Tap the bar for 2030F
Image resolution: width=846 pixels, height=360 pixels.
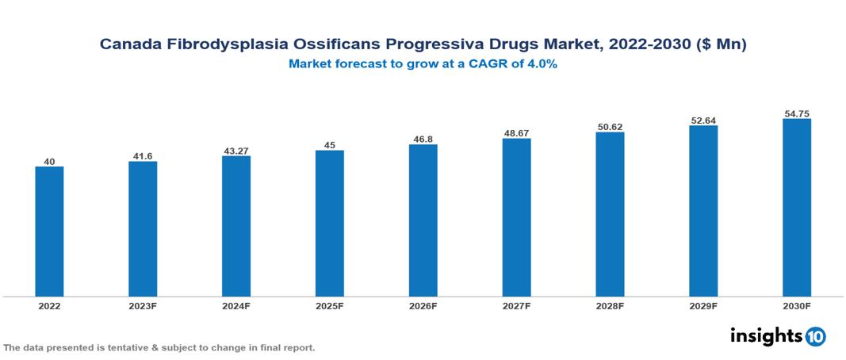click(797, 208)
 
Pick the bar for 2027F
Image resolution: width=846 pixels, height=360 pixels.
click(516, 217)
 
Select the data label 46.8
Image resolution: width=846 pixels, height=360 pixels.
click(423, 139)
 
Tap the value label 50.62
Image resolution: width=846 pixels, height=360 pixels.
click(610, 126)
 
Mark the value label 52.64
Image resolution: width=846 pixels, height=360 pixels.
click(703, 120)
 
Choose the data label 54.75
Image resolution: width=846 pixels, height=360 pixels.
click(797, 113)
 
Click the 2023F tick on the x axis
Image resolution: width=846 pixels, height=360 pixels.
click(143, 305)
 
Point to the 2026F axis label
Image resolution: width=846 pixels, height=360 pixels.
click(423, 305)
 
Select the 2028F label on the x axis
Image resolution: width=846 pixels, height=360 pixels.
click(610, 305)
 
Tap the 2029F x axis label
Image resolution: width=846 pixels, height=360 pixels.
click(703, 305)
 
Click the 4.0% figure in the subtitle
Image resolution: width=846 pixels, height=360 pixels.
click(541, 64)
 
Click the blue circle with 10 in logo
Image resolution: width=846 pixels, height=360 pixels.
click(815, 337)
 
